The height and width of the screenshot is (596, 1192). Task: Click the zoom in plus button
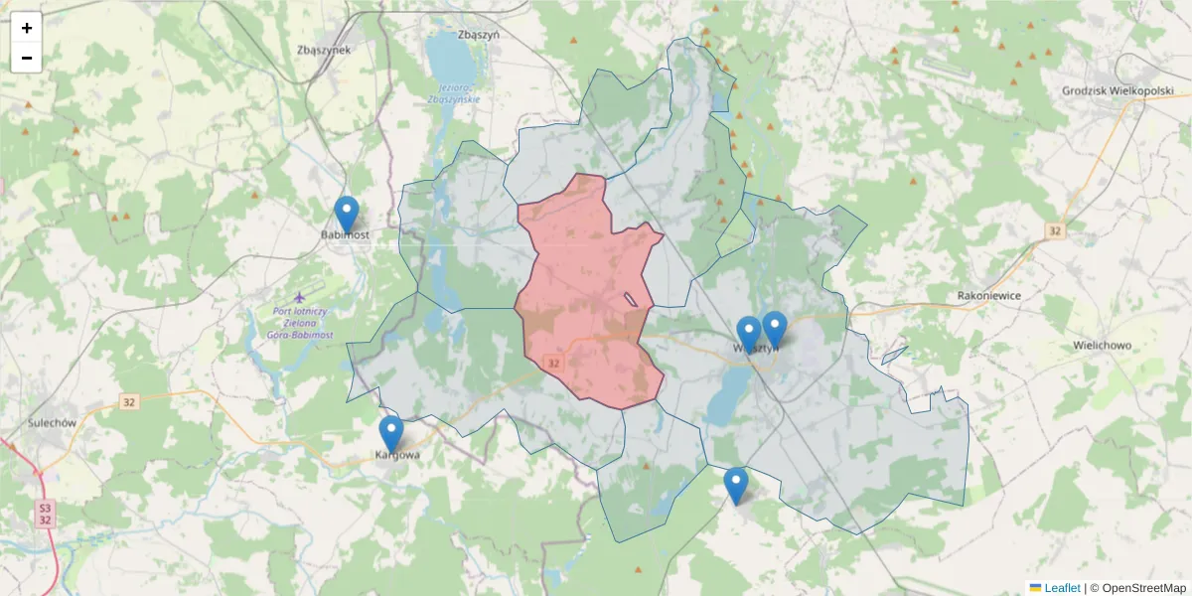(x=27, y=28)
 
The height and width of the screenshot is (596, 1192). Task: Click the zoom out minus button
(x=27, y=59)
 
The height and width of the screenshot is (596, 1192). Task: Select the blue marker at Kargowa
(x=391, y=434)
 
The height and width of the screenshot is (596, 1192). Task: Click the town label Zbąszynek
(x=324, y=50)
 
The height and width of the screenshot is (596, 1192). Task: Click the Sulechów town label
(x=53, y=422)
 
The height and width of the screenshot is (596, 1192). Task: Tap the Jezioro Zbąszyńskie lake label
(x=454, y=93)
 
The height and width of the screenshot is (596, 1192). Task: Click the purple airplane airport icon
(x=302, y=297)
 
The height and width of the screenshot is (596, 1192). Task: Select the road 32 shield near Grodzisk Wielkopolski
(x=1055, y=230)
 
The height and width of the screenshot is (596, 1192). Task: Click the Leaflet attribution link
(x=1062, y=588)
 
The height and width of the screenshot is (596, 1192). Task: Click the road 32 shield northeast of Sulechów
(x=128, y=402)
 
